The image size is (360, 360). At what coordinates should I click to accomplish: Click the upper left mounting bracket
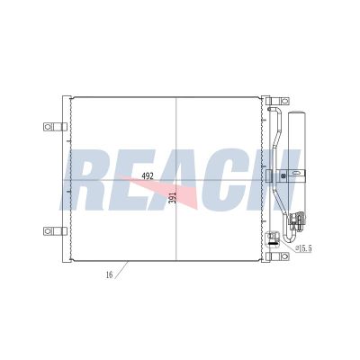click(53, 127)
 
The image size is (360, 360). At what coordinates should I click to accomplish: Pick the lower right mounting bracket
click(270, 238)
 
